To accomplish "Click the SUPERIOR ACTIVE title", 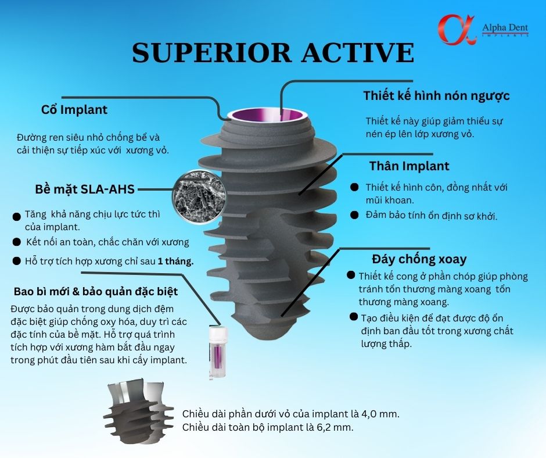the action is click(x=273, y=53).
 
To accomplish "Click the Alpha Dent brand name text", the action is click(x=505, y=27).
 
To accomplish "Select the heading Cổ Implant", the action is click(x=74, y=110).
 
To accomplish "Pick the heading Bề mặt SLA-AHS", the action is click(x=85, y=189).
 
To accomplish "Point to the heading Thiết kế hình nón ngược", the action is click(x=436, y=96).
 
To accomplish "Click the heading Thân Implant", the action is click(x=409, y=166).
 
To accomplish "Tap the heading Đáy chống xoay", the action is click(x=419, y=259).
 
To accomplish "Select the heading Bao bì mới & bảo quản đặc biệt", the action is click(x=96, y=291).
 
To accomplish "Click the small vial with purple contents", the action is click(x=218, y=352).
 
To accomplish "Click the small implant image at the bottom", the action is click(x=139, y=411).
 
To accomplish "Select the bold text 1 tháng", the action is click(x=175, y=261).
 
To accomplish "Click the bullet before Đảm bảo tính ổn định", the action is click(x=354, y=214).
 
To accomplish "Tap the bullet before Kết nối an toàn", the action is click(x=16, y=242).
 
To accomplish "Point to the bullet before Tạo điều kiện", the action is click(x=354, y=317).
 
